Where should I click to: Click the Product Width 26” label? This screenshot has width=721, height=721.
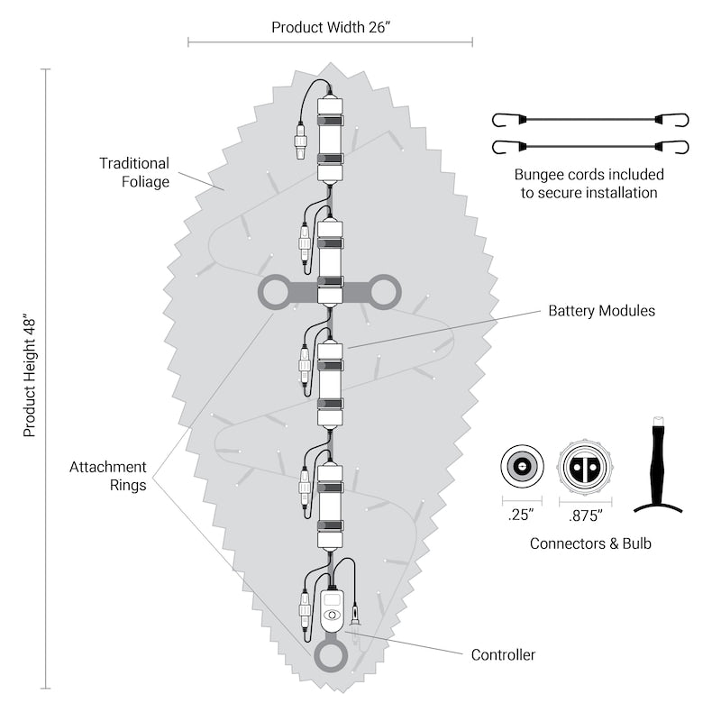tap(331, 27)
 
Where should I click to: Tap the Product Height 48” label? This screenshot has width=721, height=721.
tap(30, 376)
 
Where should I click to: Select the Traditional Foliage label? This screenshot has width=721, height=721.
tap(134, 172)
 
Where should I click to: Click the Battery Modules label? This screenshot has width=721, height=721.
tap(601, 311)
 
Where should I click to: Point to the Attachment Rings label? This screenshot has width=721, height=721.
tap(108, 476)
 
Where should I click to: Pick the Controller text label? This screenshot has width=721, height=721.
tap(503, 655)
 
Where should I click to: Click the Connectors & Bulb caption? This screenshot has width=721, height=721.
tap(590, 543)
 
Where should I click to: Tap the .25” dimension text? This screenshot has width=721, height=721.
tap(521, 517)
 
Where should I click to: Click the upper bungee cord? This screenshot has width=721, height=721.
tap(590, 119)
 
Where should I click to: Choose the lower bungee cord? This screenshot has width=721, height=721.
tap(590, 147)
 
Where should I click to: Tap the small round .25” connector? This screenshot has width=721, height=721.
tap(522, 466)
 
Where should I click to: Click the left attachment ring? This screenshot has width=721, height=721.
tap(275, 293)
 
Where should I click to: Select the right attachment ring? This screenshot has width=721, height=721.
tap(384, 292)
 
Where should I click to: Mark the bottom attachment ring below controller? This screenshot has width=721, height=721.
tap(330, 656)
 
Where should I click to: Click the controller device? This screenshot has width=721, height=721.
tap(332, 610)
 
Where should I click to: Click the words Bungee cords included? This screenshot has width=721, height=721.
tap(589, 174)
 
